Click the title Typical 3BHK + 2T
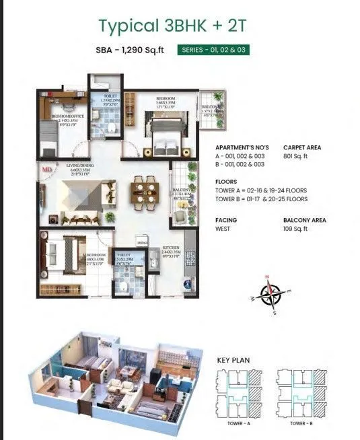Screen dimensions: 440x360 (180, 27)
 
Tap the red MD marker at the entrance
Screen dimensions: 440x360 (47, 170)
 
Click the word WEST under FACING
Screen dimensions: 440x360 (223, 229)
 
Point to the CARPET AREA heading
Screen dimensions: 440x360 (302, 147)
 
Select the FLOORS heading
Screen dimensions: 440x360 (226, 182)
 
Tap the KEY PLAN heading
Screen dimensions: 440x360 (233, 361)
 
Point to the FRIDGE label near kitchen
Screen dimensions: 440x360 (142, 242)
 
